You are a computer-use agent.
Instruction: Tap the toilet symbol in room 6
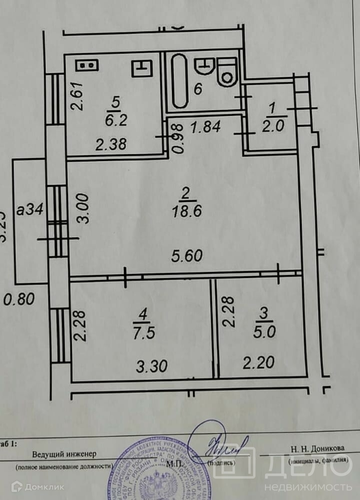tap(227, 71)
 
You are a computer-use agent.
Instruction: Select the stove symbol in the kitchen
tap(87, 65)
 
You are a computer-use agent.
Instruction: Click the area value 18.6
tap(185, 212)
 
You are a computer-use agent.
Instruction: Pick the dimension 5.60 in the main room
tap(186, 256)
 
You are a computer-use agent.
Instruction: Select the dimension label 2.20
tap(258, 361)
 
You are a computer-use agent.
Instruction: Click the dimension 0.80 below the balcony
tap(18, 300)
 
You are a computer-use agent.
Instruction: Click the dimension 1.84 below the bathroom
tap(205, 127)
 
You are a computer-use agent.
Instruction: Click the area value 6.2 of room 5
tap(116, 120)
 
